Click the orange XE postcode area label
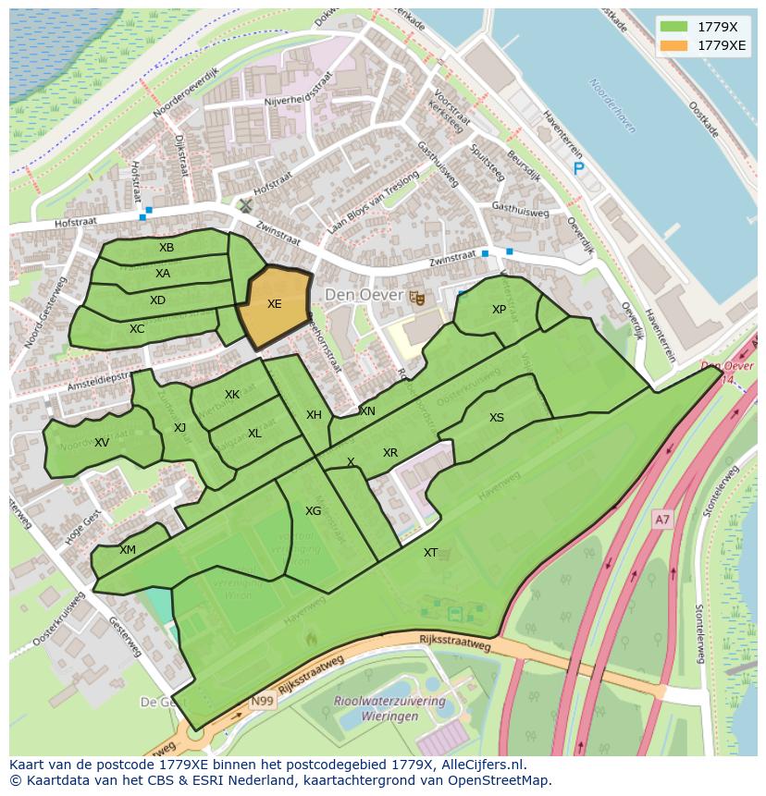coord(274,303)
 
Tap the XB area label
coord(167,248)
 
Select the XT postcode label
coord(430,553)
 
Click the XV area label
coord(102,443)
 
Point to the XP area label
coord(499,310)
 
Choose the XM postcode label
coord(128,550)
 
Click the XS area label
coord(497,418)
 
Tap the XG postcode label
coord(314,511)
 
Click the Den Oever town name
coord(364,296)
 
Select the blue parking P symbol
coord(579,168)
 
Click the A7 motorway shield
coord(661,520)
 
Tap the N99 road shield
coord(262,702)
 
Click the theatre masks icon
coord(417,297)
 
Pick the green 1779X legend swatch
coord(674,26)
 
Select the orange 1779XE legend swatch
coord(674,45)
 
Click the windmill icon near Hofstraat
coord(245,205)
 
